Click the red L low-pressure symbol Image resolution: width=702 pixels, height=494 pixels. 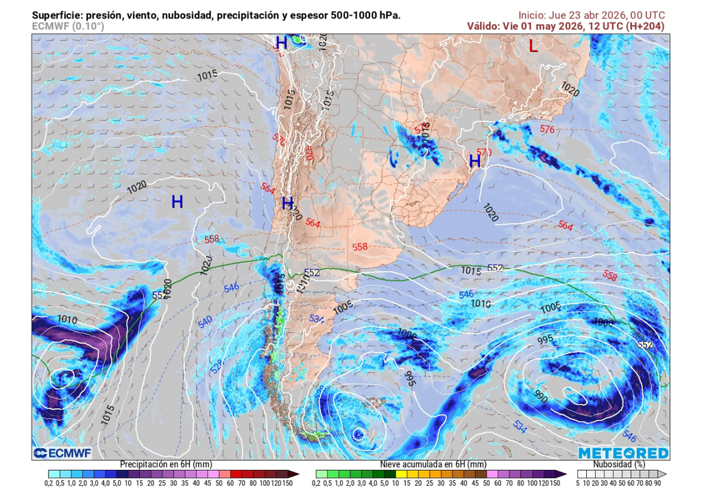[533, 47]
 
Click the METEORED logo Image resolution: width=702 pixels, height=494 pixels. [622, 453]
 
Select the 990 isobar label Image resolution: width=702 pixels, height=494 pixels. [542, 396]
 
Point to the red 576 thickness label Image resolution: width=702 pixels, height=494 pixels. [547, 129]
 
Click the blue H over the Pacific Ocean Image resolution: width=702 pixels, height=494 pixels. [177, 202]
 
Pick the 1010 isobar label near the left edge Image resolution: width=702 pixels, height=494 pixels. [67, 319]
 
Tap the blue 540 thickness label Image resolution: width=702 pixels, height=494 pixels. [205, 322]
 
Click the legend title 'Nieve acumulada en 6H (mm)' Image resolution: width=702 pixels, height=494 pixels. [433, 464]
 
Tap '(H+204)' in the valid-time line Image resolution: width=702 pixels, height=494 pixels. [644, 25]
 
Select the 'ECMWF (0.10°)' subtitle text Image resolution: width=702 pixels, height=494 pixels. [68, 26]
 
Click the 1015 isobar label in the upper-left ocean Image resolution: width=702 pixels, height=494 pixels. [206, 74]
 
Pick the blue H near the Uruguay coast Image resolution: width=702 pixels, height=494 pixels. [474, 162]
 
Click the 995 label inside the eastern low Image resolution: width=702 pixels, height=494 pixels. [546, 340]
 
